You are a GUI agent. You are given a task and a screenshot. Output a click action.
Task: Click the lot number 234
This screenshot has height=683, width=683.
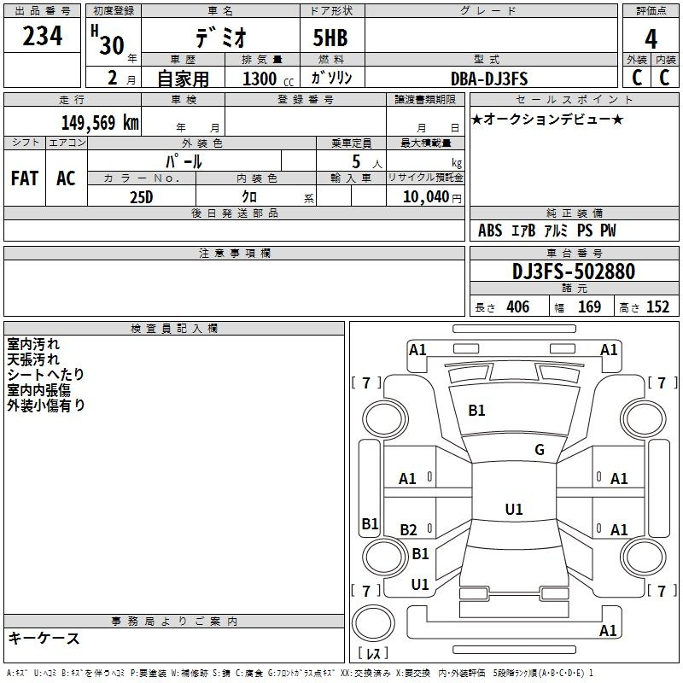click(42, 36)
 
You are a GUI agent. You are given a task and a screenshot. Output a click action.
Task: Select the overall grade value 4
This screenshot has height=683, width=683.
click(651, 39)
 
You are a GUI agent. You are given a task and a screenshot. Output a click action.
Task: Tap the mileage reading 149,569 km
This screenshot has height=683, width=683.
click(100, 123)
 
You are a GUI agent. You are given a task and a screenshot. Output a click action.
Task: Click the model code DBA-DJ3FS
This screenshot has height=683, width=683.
click(489, 79)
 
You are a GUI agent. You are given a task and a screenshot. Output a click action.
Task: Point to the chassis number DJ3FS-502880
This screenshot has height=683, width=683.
click(574, 271)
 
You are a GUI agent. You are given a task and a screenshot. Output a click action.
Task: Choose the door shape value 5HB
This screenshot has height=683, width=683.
click(330, 38)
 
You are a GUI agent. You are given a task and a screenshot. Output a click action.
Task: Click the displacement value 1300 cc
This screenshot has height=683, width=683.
click(268, 79)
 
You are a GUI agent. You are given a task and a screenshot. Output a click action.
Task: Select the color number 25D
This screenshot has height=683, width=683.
click(141, 197)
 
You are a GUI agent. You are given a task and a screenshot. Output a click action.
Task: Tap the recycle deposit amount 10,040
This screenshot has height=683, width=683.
click(426, 197)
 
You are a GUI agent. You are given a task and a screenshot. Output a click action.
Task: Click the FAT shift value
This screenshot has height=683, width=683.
click(25, 178)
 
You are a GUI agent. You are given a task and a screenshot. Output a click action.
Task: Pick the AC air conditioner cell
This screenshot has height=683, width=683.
click(66, 178)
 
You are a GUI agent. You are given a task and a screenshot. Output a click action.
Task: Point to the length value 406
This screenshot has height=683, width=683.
click(518, 306)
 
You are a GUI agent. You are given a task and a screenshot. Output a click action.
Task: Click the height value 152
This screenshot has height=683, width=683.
click(657, 306)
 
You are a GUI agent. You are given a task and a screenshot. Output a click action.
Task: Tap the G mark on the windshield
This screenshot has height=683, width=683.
click(540, 450)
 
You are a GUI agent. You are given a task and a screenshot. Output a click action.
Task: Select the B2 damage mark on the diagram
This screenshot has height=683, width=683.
click(408, 529)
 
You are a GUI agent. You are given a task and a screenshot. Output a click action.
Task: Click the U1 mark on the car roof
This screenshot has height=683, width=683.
click(514, 509)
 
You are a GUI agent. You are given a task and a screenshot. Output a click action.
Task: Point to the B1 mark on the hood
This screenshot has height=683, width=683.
click(476, 411)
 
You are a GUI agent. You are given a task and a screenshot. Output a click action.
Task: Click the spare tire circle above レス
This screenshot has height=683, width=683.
click(373, 623)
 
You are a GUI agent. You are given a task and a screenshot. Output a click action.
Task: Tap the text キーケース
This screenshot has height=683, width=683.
click(44, 639)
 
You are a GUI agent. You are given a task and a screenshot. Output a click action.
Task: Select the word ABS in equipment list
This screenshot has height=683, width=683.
click(490, 231)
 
